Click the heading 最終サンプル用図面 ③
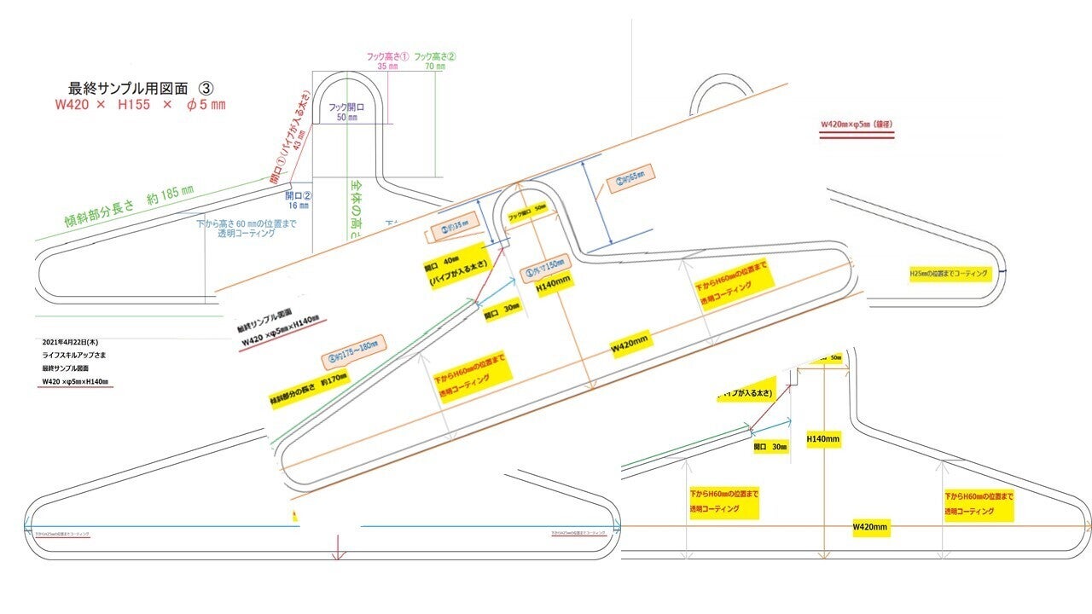click(141, 88)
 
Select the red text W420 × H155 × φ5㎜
click(140, 105)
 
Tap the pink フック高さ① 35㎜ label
click(388, 61)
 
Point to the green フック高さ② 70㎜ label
click(435, 61)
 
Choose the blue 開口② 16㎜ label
click(299, 200)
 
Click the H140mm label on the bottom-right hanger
click(824, 439)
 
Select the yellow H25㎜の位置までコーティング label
click(949, 275)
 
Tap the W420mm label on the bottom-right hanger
click(871, 528)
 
